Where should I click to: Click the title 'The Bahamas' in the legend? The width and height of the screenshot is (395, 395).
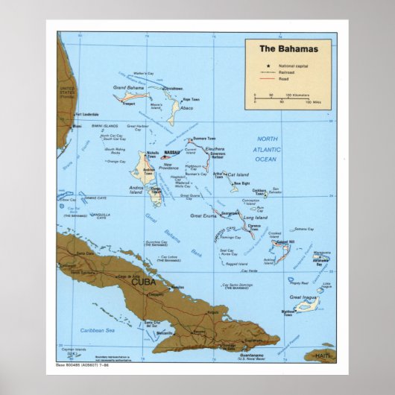pos(288,49)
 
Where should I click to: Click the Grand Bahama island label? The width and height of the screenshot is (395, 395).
pos(128,88)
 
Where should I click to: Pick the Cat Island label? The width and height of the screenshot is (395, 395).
pos(237,173)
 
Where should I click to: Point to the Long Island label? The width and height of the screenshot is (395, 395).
pos(254,217)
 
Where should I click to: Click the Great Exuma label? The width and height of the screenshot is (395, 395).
pos(202,215)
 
